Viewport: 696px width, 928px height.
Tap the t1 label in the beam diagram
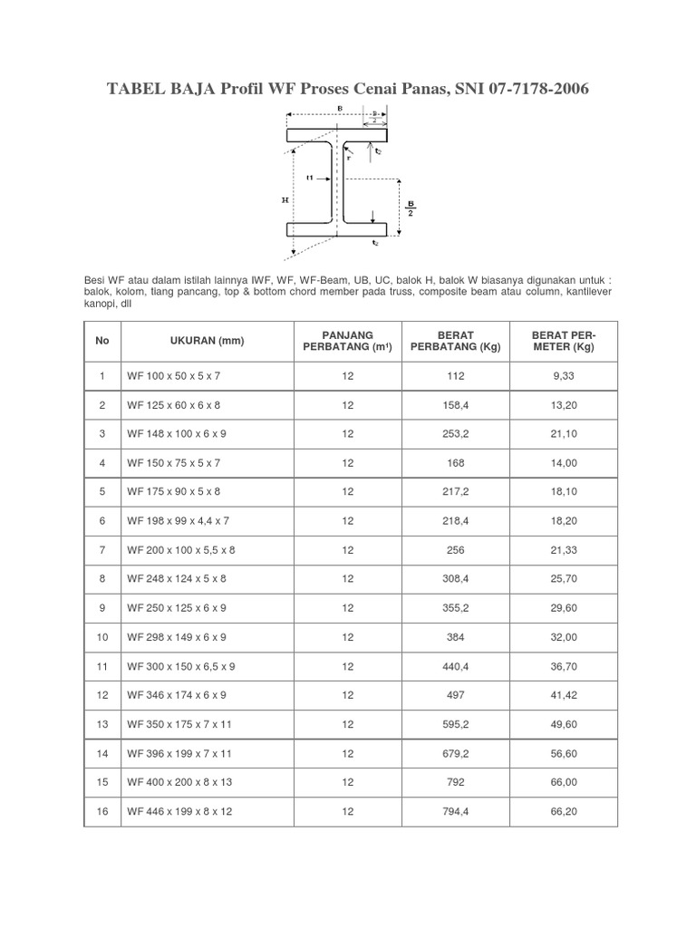click(x=310, y=178)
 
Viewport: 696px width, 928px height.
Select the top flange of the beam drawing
click(x=338, y=136)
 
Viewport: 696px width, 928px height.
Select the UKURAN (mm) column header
click(x=208, y=341)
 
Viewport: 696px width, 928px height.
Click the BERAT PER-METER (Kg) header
click(x=564, y=341)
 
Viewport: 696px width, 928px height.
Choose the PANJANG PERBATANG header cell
click(x=348, y=341)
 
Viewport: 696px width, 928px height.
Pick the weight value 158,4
click(x=456, y=405)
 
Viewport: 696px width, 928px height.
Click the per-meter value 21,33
click(x=564, y=550)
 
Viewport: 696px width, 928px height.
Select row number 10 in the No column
click(x=101, y=637)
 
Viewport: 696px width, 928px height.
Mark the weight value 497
click(x=456, y=695)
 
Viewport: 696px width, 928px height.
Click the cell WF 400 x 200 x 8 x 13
click(x=179, y=782)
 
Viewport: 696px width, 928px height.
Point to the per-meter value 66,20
click(x=564, y=811)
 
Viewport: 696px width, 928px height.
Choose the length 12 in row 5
click(x=348, y=492)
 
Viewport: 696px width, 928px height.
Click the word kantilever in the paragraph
click(x=587, y=293)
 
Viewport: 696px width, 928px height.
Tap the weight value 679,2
click(x=456, y=753)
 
